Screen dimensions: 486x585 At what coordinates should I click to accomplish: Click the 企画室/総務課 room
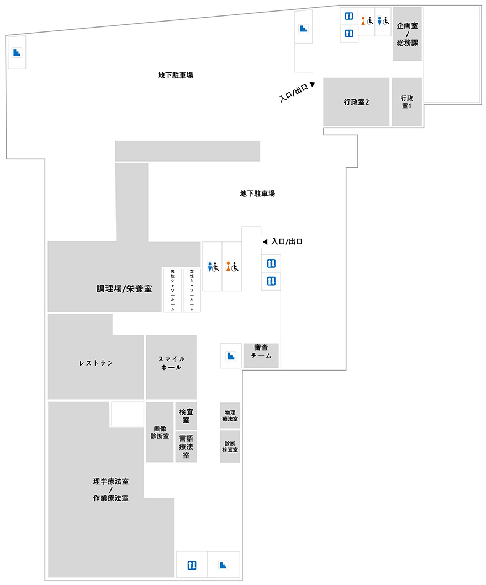pos(407,34)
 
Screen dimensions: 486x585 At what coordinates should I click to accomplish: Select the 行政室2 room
pos(356,102)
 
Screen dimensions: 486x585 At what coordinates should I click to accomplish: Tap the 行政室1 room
pos(407,102)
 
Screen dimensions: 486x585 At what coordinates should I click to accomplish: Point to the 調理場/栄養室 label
pos(124,288)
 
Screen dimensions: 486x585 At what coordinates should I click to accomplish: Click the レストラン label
pos(96,363)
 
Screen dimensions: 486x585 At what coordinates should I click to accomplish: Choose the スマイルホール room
pos(171,367)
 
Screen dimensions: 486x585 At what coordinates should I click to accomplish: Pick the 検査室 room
pos(186,416)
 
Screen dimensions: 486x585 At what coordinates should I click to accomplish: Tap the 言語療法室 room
pos(186,447)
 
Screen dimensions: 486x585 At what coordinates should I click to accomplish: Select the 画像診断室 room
pos(160,432)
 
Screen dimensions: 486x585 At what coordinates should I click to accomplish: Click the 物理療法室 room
pos(230,416)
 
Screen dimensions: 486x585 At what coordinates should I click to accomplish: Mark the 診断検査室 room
pos(230,447)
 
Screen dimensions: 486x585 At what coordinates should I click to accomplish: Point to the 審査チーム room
pos(261,356)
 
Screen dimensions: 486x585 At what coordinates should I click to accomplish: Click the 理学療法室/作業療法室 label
pos(111,490)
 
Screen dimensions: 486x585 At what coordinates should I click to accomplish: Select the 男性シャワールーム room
pos(172,290)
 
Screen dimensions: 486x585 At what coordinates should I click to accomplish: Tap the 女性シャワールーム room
pos(192,290)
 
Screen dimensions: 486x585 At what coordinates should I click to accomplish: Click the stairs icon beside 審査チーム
pos(231,356)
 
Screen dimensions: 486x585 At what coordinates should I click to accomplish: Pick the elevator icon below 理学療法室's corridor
pos(192,565)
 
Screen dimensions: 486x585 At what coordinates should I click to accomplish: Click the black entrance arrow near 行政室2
pos(312,84)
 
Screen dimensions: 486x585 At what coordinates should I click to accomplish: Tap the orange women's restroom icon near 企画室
pos(363,21)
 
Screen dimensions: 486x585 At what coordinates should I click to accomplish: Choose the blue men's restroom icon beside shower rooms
pos(210,267)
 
